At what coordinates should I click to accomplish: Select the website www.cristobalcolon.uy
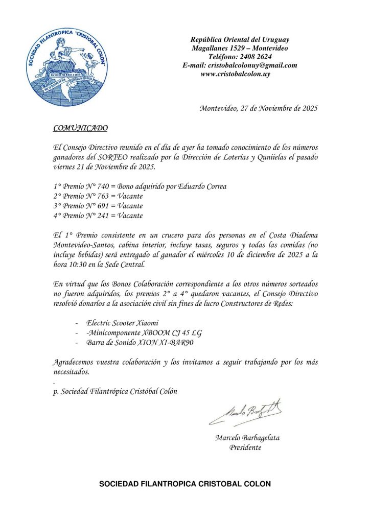(236, 74)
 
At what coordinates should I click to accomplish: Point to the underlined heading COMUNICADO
(80, 128)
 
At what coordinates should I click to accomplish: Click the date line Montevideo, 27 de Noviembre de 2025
(259, 108)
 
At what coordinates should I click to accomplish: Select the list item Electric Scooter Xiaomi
(123, 323)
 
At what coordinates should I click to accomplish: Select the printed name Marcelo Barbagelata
(247, 438)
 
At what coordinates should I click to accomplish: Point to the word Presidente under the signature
(245, 447)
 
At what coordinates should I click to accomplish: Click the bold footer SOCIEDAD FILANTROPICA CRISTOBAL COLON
(185, 484)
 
